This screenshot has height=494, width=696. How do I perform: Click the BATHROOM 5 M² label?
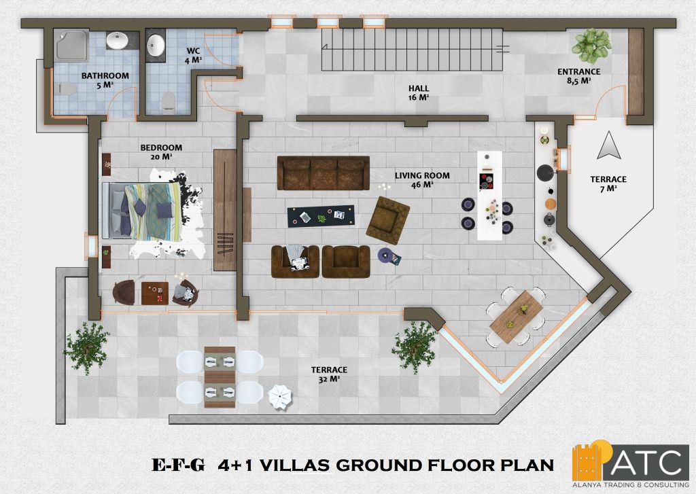point(105,80)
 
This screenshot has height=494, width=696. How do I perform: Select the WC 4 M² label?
point(194,56)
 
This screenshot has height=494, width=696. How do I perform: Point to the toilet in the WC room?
point(169,102)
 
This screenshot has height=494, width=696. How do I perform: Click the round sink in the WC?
point(156,46)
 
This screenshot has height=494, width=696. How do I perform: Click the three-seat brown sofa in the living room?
point(324,173)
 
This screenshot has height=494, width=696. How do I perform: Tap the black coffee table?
point(321,216)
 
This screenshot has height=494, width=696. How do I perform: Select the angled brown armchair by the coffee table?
point(387,221)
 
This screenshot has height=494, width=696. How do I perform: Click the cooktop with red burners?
point(487,181)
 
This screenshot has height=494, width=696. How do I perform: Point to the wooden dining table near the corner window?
point(517,317)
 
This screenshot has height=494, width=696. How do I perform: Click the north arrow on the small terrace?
point(609,145)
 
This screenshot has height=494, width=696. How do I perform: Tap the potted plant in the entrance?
point(591,46)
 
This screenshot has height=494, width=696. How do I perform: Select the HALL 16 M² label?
point(419,93)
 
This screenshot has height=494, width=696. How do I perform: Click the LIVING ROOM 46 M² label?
point(422,180)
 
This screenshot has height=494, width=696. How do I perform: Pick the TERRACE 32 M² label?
point(329,374)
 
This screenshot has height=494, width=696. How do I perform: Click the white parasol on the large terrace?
point(280,396)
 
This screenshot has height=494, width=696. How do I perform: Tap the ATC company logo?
point(631,464)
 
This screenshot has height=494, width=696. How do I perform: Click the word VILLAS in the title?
point(294,465)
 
